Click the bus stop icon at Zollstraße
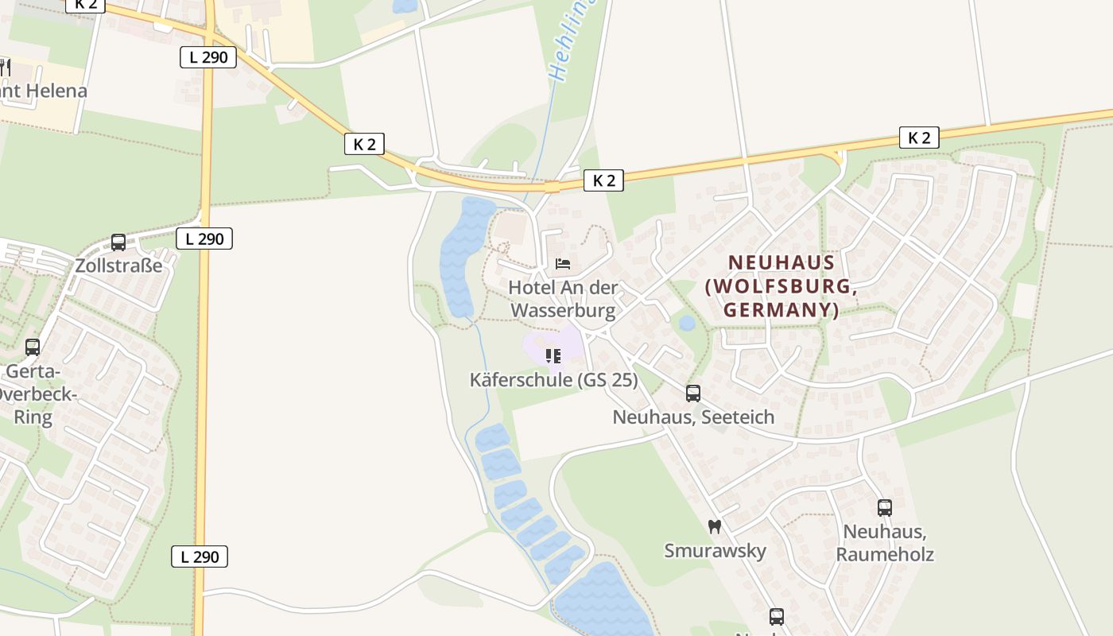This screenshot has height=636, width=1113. click(x=118, y=242)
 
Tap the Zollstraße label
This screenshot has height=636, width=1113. click(x=118, y=265)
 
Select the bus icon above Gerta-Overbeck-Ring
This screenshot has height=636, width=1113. click(x=33, y=347)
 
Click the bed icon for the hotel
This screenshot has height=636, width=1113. click(x=563, y=264)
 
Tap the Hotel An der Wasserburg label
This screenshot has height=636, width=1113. click(x=563, y=298)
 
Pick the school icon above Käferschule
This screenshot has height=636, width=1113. click(x=553, y=355)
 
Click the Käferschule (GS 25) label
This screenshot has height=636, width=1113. click(x=553, y=380)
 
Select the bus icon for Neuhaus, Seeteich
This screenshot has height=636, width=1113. click(x=693, y=393)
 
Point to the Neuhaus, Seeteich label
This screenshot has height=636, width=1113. click(x=693, y=417)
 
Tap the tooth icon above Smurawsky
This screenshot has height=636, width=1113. click(x=715, y=526)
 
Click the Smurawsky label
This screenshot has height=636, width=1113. click(x=715, y=550)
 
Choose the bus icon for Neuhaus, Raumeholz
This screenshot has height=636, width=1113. click(x=885, y=507)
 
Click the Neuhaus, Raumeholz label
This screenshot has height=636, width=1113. click(x=885, y=542)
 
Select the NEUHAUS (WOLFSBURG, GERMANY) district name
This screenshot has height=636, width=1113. click(x=781, y=285)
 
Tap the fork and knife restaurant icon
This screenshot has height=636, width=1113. click(x=5, y=67)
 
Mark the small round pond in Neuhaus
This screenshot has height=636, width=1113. click(x=687, y=324)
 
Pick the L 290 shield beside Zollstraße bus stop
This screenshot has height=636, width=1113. click(x=204, y=238)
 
